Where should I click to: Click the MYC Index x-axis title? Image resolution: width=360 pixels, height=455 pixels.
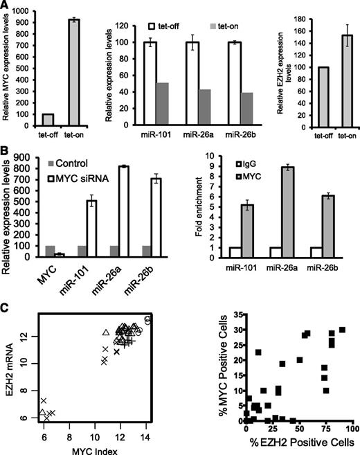[x=96, y=443]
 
